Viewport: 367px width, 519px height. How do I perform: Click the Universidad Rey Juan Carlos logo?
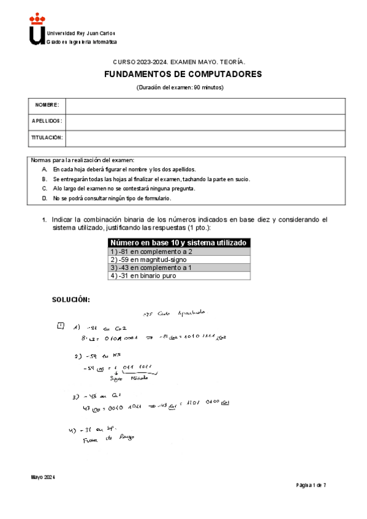tap(37, 30)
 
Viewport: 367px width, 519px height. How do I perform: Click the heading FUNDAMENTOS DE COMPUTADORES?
tap(183, 74)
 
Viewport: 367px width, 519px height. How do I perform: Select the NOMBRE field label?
tap(47, 106)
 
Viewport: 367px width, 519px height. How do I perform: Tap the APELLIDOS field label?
tap(47, 122)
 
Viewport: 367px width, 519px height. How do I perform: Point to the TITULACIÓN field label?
tap(47, 138)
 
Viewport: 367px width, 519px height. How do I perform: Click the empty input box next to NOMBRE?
tap(205, 106)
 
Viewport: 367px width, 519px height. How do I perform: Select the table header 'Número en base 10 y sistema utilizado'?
tap(179, 242)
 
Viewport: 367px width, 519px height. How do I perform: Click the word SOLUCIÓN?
tap(70, 300)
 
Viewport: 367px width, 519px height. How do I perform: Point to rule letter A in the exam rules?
tap(45, 169)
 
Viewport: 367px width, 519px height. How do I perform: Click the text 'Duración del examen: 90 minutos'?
tap(180, 88)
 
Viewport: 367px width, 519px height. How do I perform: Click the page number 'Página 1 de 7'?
tap(311, 485)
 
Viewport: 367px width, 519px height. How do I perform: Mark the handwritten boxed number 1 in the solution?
tap(59, 326)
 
